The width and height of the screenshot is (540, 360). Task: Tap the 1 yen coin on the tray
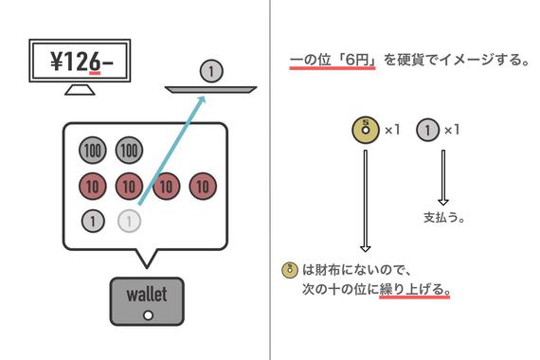212,69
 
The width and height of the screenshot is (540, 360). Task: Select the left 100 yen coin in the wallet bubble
92,150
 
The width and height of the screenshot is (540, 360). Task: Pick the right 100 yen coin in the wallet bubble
128,150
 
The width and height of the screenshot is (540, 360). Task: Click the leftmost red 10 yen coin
92,186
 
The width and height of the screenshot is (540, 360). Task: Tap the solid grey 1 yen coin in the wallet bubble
92,222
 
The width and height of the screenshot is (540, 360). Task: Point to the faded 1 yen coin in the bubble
129,222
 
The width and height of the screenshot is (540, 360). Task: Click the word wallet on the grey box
147,294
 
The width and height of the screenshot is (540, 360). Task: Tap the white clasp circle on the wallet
147,315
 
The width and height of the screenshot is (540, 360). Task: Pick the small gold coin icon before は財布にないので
292,269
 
